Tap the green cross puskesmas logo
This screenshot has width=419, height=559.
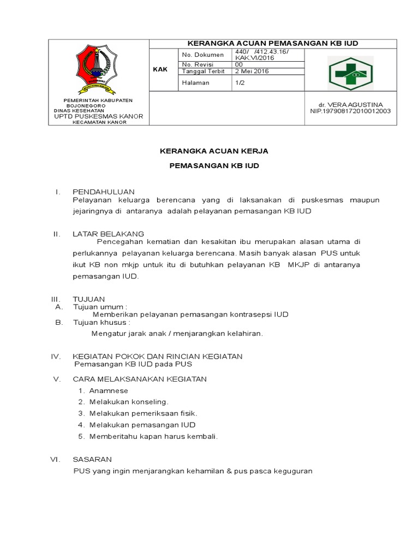349,70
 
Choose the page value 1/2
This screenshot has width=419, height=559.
240,82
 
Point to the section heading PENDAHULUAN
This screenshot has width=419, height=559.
103,192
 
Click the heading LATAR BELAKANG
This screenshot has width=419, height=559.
108,234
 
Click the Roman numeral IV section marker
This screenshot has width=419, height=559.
56,356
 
